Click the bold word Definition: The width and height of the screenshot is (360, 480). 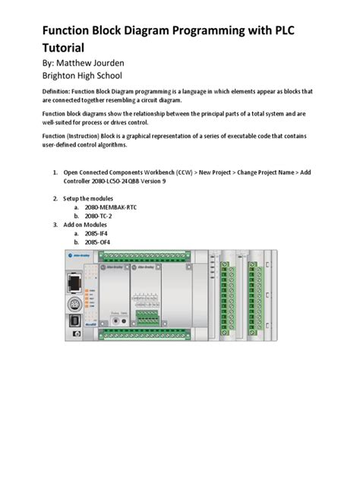(60, 91)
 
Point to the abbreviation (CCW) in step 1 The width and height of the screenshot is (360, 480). (188, 173)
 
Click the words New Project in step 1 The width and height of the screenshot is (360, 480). (220, 173)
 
